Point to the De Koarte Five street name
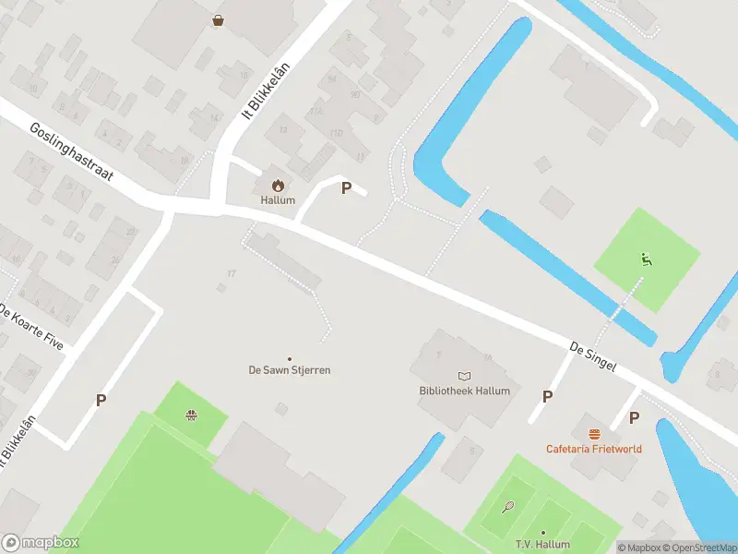(32, 326)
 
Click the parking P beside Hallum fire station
(347, 187)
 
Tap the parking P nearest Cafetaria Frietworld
(634, 417)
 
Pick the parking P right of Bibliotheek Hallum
(547, 396)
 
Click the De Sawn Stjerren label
(290, 370)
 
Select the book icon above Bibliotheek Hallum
(463, 376)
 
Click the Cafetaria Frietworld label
(593, 449)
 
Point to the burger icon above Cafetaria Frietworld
(593, 434)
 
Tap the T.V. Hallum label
(543, 545)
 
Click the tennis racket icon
(507, 506)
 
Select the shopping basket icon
(218, 19)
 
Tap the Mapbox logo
(40, 543)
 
